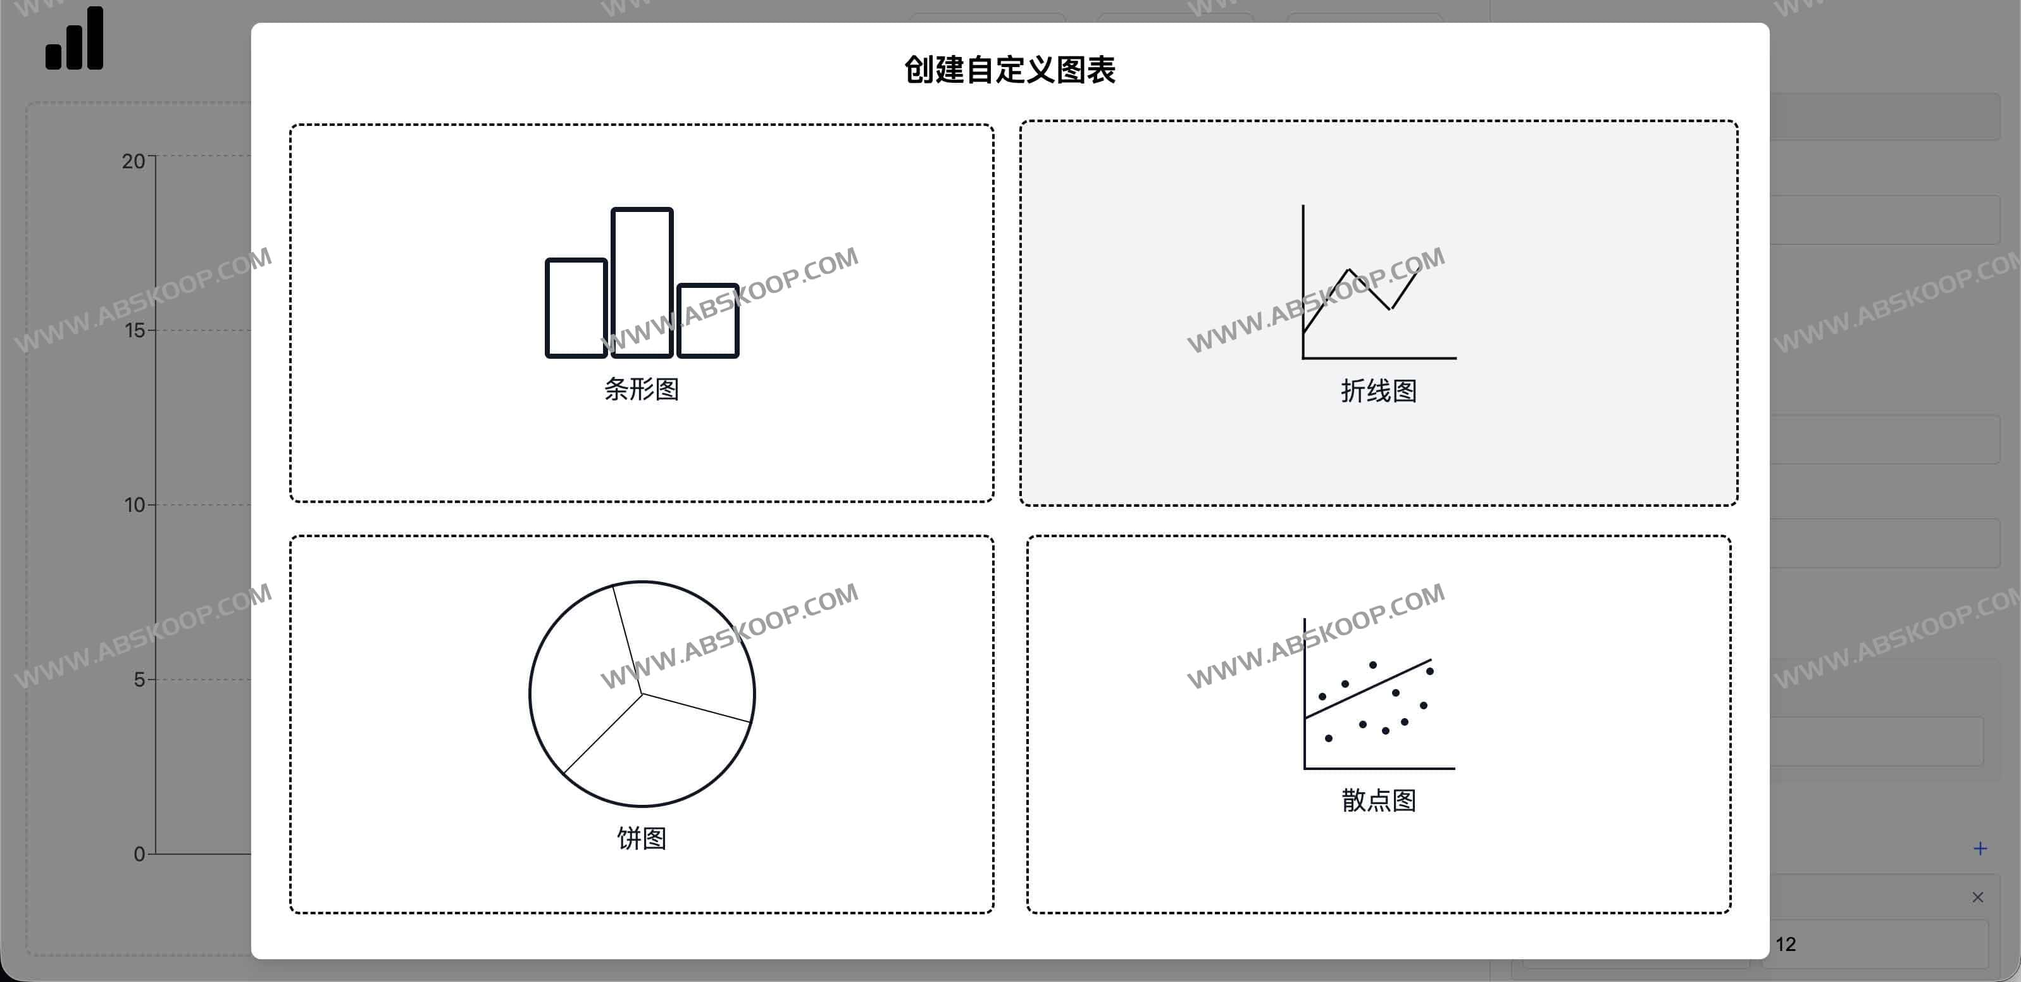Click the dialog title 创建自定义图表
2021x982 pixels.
[x=1010, y=70]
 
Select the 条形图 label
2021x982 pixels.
[x=641, y=389]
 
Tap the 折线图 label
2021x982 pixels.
[x=1379, y=390]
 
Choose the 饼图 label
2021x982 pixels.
[x=641, y=838]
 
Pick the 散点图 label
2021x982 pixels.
[x=1379, y=800]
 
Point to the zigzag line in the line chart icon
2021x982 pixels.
[x=1370, y=289]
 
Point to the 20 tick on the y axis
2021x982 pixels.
[x=134, y=161]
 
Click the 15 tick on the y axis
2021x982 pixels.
[x=135, y=330]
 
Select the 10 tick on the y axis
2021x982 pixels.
[x=135, y=505]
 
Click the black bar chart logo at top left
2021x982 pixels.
[x=75, y=39]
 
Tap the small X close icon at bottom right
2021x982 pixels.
[x=1978, y=897]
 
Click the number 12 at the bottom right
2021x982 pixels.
[x=1786, y=944]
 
